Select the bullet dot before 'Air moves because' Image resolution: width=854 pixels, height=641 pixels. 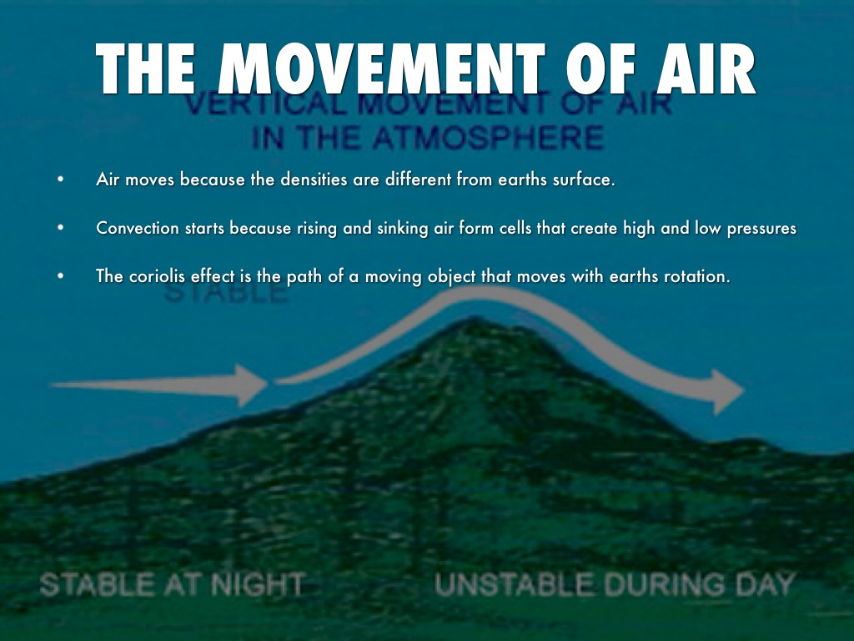(x=60, y=179)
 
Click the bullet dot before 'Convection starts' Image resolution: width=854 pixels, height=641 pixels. (x=60, y=227)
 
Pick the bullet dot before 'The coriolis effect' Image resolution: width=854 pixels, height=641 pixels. (x=60, y=275)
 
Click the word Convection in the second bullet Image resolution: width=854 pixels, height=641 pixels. (x=138, y=228)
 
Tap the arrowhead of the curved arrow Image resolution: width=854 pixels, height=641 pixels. (x=728, y=391)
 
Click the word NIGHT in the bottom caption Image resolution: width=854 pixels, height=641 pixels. (x=257, y=584)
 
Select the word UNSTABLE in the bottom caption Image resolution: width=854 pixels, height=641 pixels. (x=514, y=584)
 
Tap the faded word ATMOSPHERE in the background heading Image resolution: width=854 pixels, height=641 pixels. (x=488, y=137)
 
